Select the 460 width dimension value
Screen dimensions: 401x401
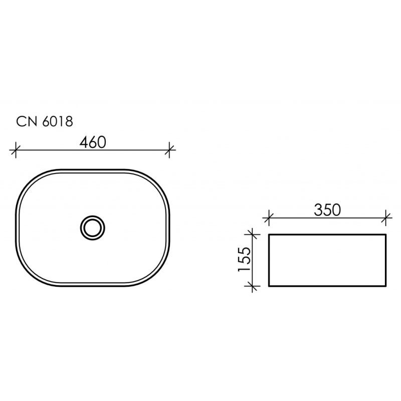click(93, 142)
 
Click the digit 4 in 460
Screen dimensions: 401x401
click(83, 142)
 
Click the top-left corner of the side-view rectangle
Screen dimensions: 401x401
click(270, 234)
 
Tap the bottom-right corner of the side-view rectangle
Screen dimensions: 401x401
click(386, 286)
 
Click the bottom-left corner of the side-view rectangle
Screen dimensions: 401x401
click(270, 286)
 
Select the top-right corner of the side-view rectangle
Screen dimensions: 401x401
click(386, 234)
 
